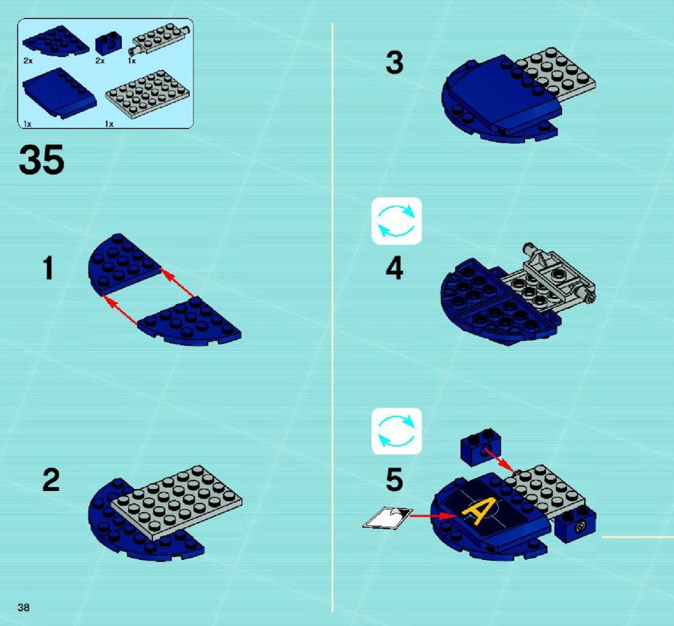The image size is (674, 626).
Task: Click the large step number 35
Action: click(x=41, y=160)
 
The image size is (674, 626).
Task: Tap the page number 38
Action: click(x=24, y=607)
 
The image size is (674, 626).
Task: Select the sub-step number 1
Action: click(x=49, y=268)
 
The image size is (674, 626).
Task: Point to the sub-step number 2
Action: click(x=51, y=480)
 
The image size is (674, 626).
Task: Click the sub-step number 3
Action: click(x=394, y=63)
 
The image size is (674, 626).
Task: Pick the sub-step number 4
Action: click(x=394, y=268)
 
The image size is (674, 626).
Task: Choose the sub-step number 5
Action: click(x=394, y=480)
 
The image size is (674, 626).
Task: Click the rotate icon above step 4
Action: click(x=396, y=221)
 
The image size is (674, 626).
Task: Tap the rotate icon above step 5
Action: click(x=396, y=431)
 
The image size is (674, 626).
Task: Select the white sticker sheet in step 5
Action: click(x=387, y=517)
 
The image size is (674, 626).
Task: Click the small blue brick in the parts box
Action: click(x=108, y=43)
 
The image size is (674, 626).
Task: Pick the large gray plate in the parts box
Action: click(x=147, y=95)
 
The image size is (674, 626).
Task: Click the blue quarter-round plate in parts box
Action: click(x=55, y=41)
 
